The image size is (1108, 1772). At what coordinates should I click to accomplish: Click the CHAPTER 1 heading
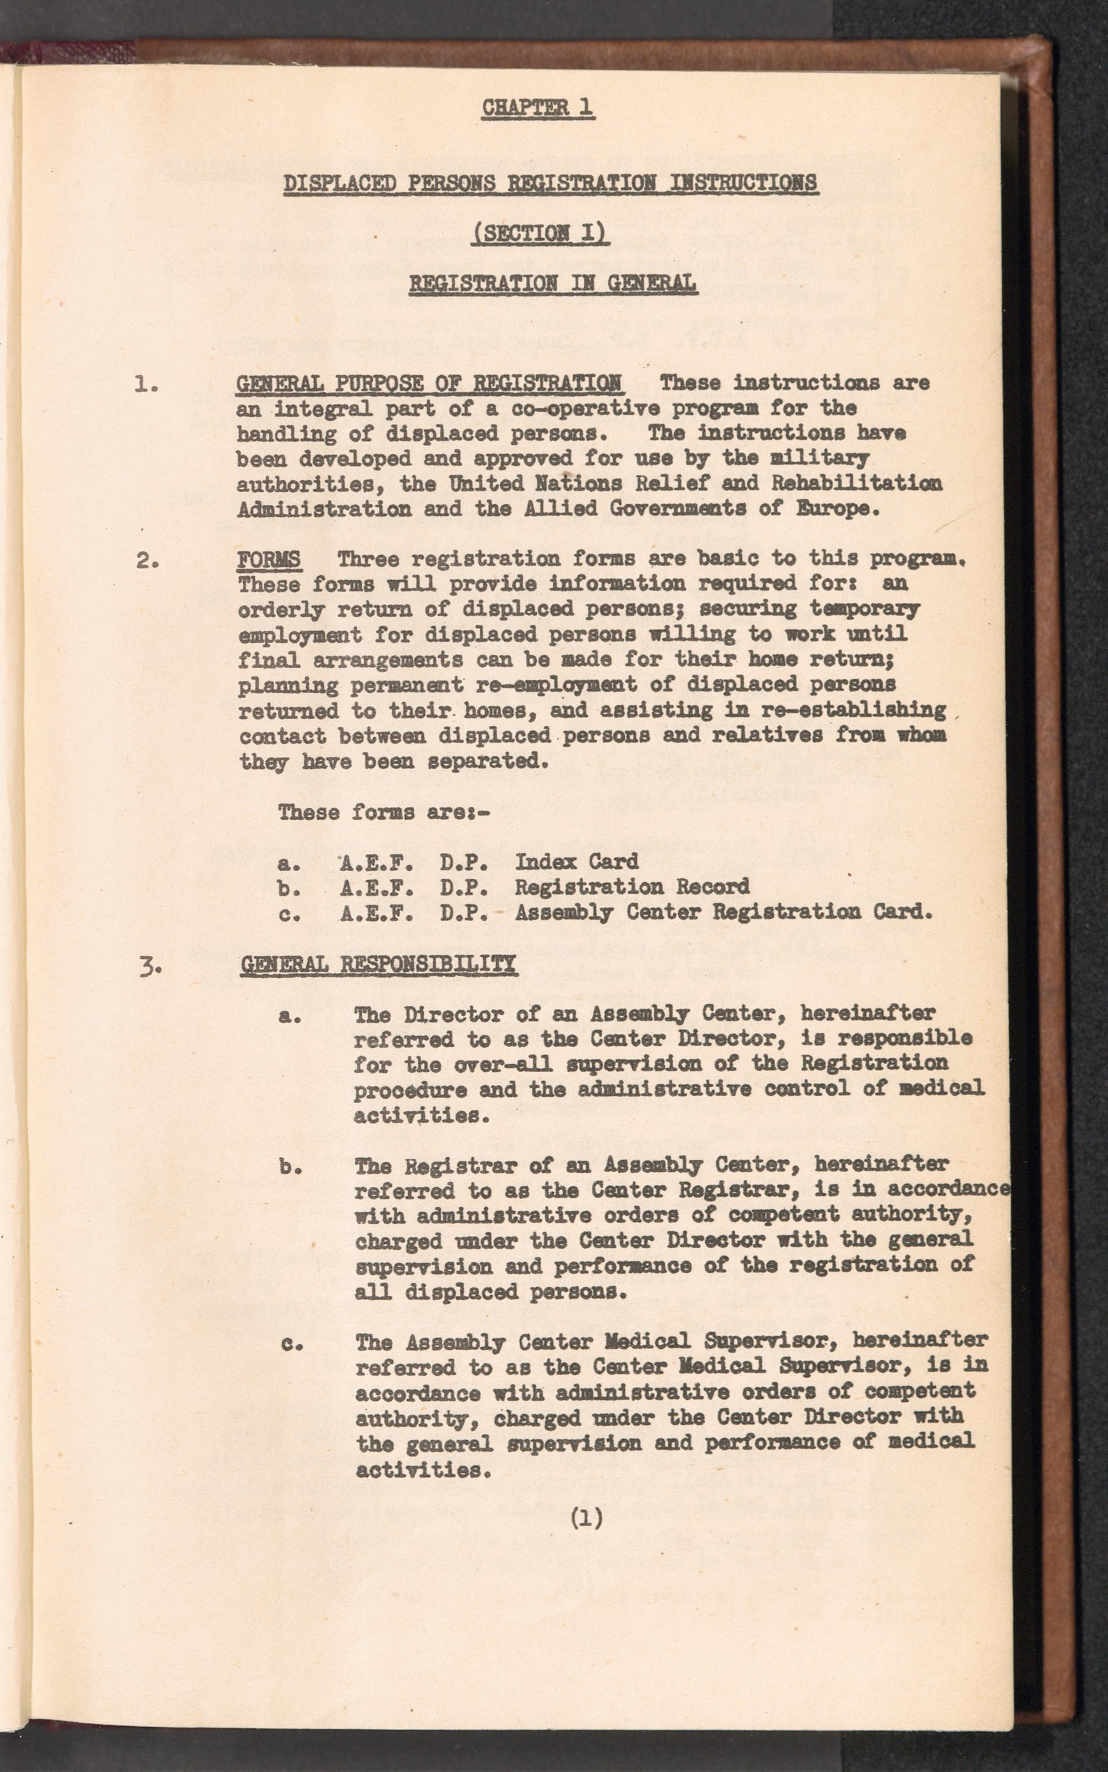click(x=537, y=107)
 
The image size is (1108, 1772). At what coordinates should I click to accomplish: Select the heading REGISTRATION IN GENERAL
click(x=552, y=283)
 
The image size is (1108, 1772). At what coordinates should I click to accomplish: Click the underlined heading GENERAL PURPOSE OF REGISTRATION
click(x=429, y=382)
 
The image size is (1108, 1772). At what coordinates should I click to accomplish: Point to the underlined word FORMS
click(x=269, y=559)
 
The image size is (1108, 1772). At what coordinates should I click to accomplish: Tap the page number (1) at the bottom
click(x=586, y=1518)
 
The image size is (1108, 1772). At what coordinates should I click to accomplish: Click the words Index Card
click(x=576, y=861)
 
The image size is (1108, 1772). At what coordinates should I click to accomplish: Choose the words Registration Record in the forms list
click(x=632, y=887)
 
